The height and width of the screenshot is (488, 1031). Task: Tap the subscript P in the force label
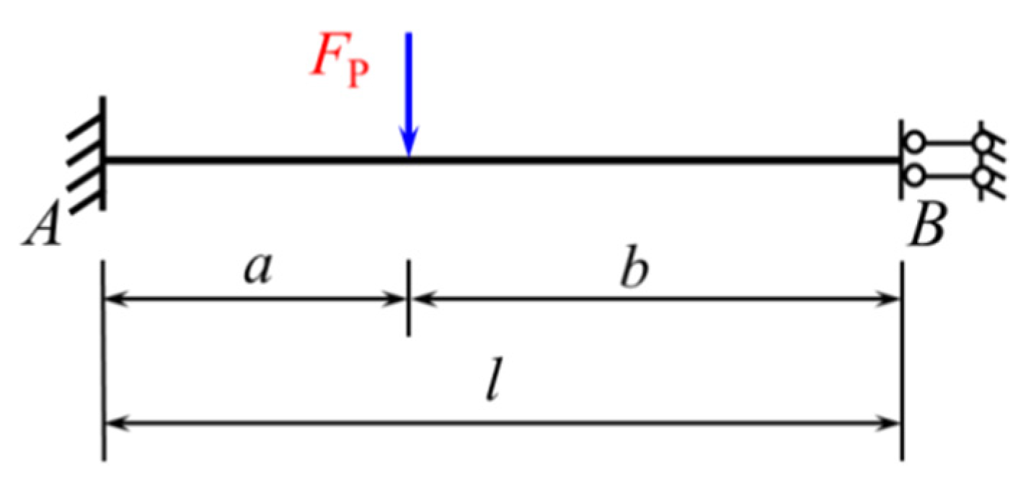[357, 74]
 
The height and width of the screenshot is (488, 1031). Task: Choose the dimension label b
[635, 271]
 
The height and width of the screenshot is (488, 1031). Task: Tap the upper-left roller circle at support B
[914, 143]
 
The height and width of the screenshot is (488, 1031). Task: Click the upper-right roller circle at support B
[981, 143]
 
